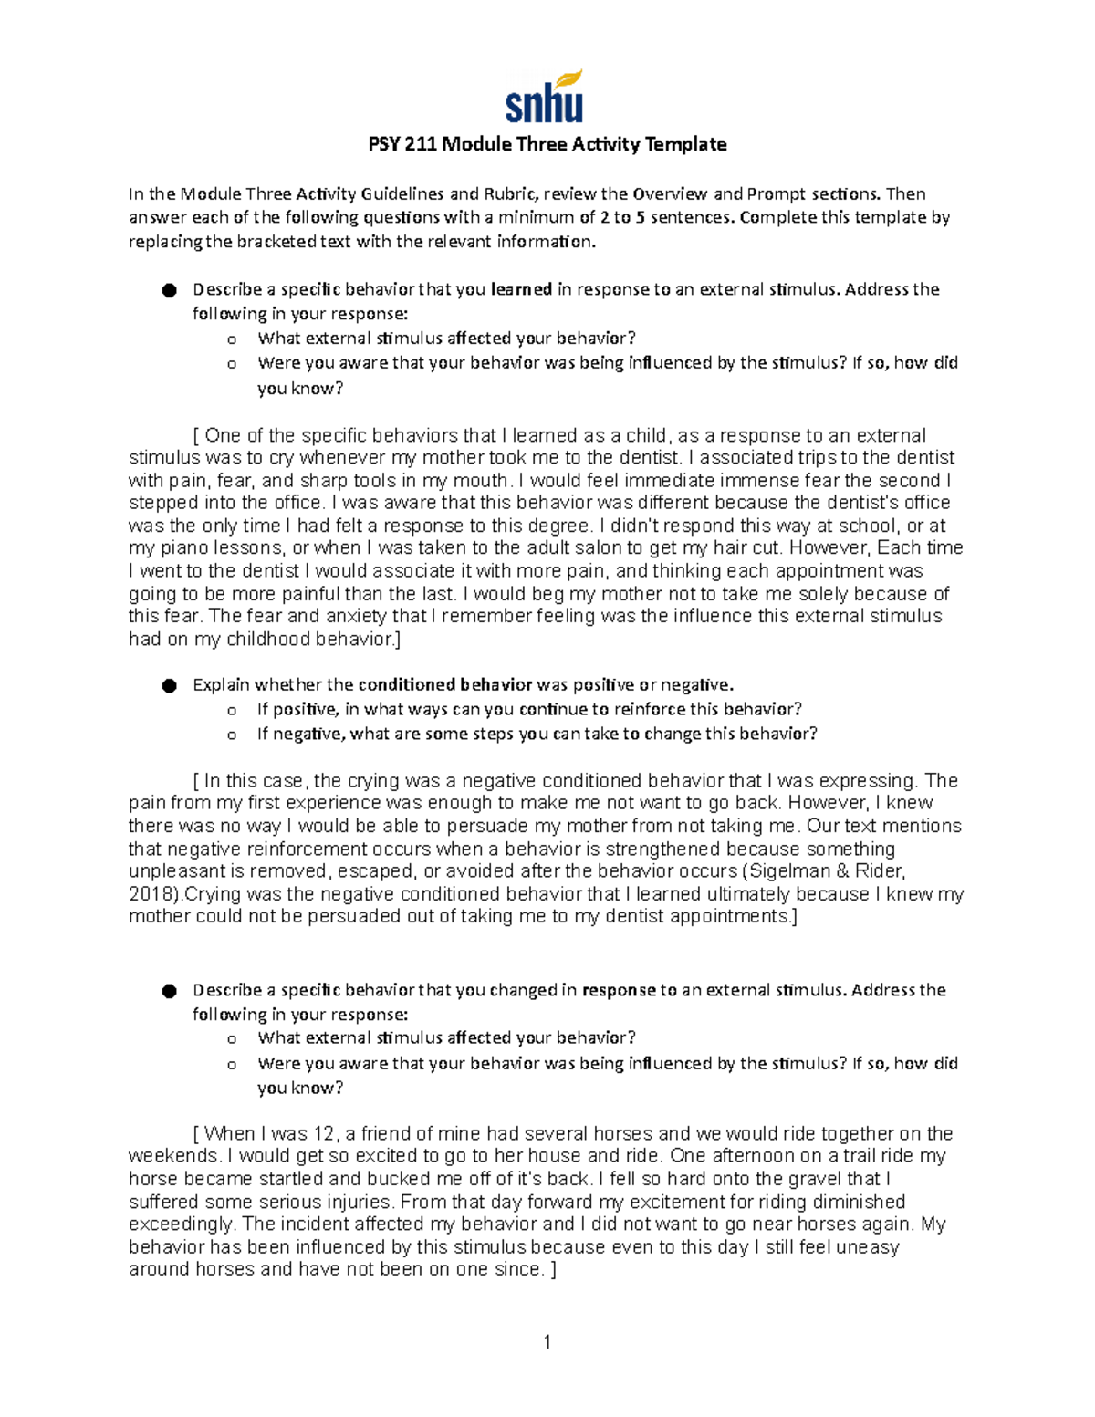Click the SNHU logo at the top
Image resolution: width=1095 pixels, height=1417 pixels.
(x=545, y=97)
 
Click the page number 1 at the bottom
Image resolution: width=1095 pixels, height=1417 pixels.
(x=547, y=1341)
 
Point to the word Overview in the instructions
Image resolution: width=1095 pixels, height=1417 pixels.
(x=670, y=193)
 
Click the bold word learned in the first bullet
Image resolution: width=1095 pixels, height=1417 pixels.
(x=521, y=289)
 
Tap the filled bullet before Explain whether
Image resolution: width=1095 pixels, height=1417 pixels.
(x=169, y=685)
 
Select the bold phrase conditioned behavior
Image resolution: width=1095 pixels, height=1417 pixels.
(x=445, y=684)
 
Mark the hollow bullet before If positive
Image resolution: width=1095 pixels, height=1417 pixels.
(x=232, y=710)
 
